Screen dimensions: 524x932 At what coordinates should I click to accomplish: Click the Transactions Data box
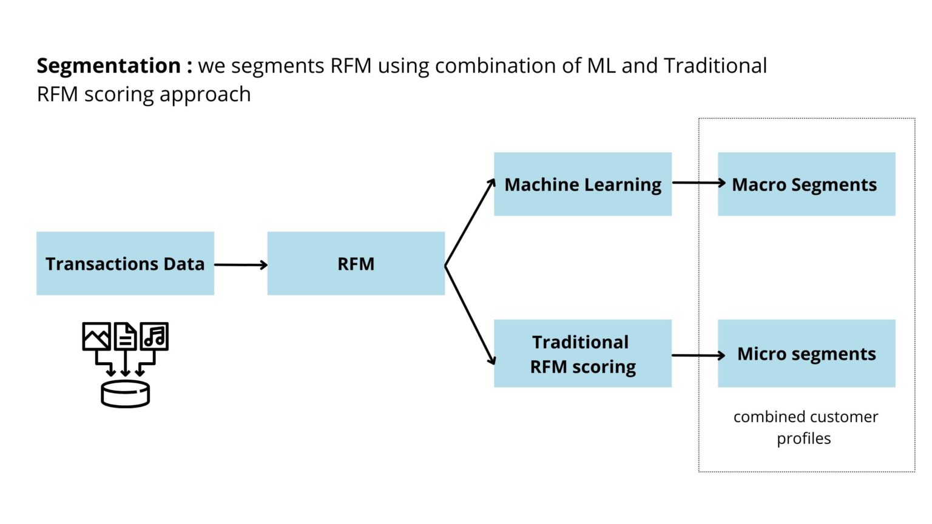[x=125, y=264]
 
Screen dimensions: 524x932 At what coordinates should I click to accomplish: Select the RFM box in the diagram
[x=356, y=264]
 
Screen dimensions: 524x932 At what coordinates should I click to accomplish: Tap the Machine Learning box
[x=582, y=184]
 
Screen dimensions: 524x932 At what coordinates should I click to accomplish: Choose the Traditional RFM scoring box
[x=582, y=354]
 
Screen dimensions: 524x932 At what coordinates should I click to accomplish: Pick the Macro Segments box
[x=806, y=184]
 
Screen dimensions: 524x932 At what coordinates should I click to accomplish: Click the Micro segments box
[x=806, y=354]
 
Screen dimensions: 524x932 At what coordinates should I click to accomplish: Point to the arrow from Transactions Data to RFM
[x=240, y=264]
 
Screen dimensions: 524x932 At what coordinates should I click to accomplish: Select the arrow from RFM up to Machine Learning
[x=470, y=223]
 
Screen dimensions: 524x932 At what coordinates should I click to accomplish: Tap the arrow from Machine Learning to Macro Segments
[x=698, y=183]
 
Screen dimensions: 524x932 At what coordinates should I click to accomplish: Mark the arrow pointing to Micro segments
[x=698, y=355]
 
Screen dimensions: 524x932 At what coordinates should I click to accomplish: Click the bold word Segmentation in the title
[x=109, y=65]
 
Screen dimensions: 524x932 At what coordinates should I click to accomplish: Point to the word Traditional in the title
[x=715, y=65]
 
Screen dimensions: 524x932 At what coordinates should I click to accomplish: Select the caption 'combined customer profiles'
[x=805, y=427]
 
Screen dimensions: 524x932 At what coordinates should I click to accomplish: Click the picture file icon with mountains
[x=96, y=337]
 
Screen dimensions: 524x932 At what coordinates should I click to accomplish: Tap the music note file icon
[x=154, y=336]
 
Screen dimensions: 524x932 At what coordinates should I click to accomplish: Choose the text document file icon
[x=126, y=337]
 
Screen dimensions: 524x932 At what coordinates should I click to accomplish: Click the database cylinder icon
[x=125, y=394]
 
